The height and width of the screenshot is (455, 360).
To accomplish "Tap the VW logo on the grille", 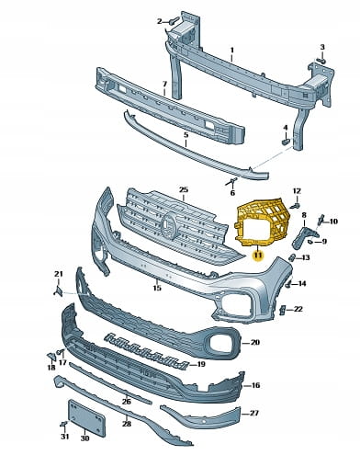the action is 169,225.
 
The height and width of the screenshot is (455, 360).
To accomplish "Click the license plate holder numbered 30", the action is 86,417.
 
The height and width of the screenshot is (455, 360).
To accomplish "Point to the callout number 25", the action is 184,190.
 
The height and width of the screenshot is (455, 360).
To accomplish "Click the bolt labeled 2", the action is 174,21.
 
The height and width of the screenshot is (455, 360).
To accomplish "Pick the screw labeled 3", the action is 321,60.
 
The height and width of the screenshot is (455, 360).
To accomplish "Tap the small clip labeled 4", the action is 286,142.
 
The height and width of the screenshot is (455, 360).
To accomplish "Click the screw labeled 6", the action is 231,181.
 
